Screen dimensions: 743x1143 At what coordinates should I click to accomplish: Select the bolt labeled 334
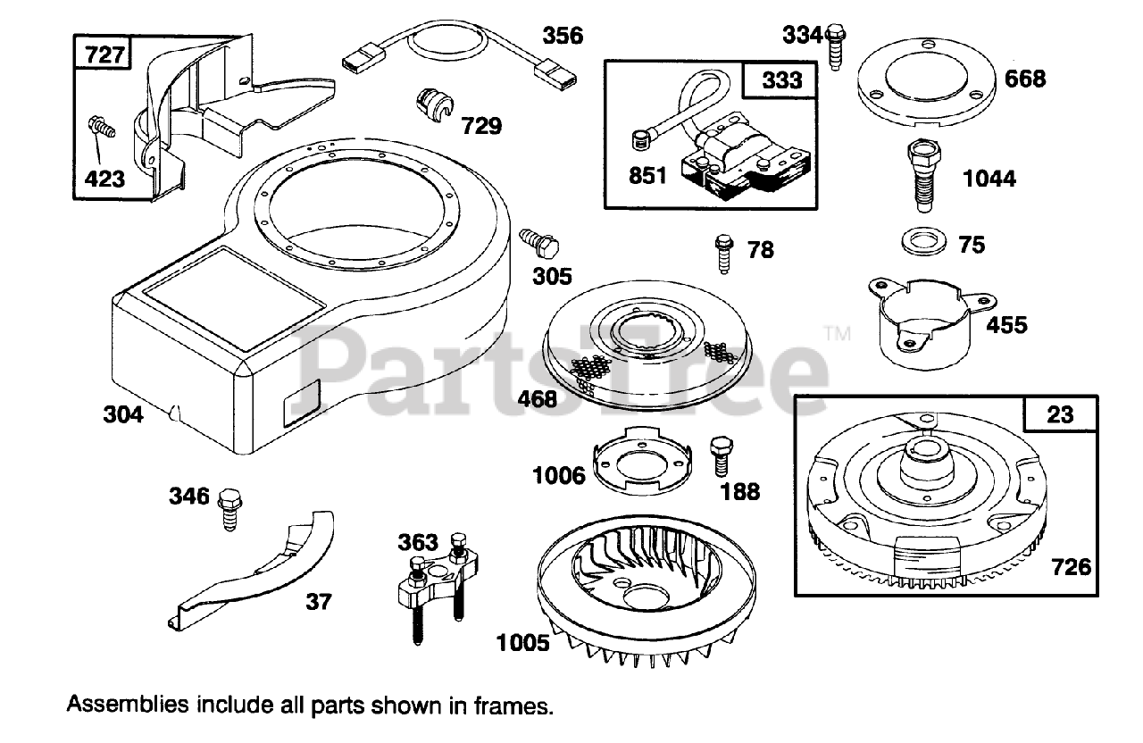coord(836,46)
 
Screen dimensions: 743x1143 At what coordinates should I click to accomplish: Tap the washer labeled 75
coord(922,242)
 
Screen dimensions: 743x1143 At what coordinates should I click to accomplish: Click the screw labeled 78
coord(722,253)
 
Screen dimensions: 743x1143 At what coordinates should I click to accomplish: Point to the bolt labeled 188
coord(720,456)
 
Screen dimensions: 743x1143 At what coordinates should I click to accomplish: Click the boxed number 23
coord(1061,414)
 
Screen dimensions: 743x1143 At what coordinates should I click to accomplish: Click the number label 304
coord(122,415)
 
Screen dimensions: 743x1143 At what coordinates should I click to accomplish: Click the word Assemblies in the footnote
coord(127,705)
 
